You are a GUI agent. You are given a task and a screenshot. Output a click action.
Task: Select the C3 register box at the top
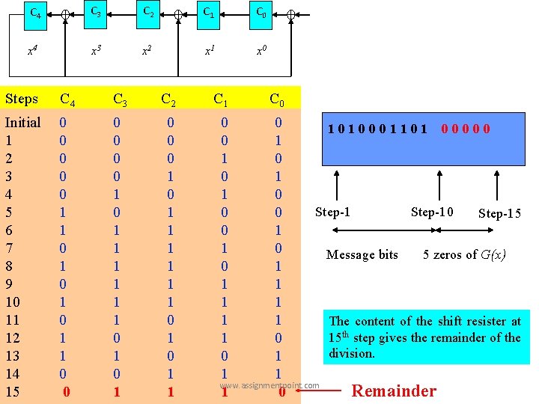click(x=95, y=11)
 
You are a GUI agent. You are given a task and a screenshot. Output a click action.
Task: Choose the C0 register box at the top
click(x=261, y=11)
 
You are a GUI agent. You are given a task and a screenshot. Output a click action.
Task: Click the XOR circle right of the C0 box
click(x=291, y=14)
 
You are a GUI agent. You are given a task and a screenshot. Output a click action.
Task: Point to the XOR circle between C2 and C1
click(x=178, y=14)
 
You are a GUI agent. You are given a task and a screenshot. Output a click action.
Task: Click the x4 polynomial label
click(x=32, y=51)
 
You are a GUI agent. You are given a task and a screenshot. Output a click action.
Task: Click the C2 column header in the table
click(x=170, y=99)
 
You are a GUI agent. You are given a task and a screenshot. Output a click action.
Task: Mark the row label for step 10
click(x=13, y=302)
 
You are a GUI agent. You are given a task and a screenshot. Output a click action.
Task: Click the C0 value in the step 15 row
click(x=281, y=391)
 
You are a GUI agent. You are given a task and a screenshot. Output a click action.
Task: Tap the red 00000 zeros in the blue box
click(x=466, y=129)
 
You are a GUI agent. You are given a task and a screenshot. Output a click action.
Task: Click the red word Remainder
click(x=394, y=391)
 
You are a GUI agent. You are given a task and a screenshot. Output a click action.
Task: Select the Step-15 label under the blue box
click(x=499, y=214)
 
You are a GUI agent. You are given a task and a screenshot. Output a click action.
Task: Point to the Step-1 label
click(x=333, y=212)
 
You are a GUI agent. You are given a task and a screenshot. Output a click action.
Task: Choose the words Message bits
click(x=362, y=255)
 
